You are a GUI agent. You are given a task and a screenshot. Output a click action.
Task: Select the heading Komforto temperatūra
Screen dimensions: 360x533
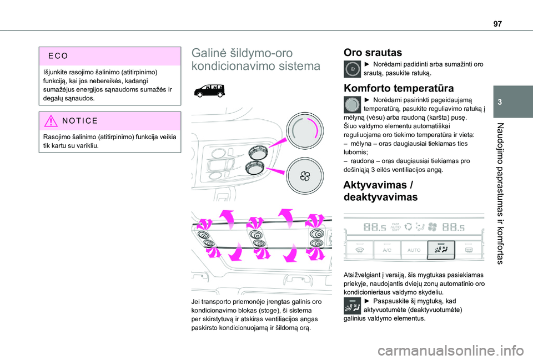398,88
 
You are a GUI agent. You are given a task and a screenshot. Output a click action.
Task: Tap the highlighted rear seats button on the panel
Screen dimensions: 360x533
441,250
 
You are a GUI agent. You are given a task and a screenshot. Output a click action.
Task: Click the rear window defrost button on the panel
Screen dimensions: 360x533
467,250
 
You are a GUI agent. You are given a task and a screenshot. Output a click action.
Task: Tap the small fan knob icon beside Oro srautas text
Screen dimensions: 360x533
352,69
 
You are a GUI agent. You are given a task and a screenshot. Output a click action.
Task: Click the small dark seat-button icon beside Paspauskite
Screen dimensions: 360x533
352,305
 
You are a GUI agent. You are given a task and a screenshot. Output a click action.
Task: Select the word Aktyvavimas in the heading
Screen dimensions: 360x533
375,185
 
